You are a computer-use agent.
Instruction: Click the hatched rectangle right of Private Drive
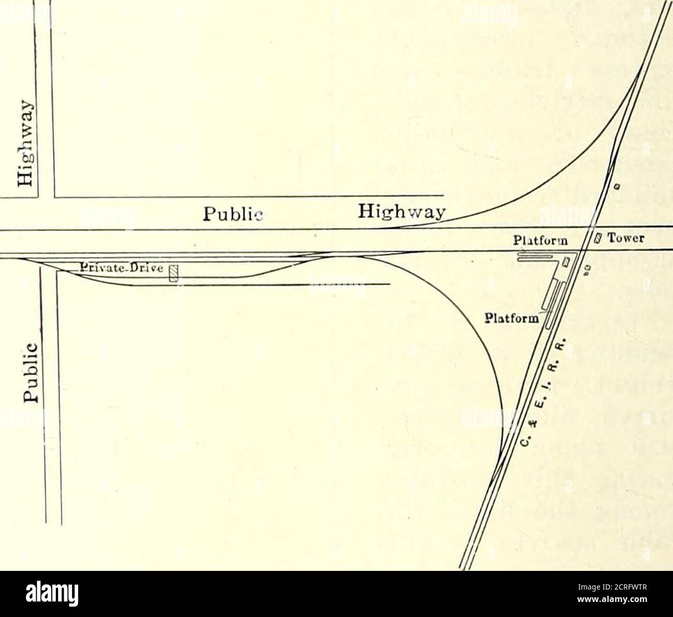[x=174, y=274]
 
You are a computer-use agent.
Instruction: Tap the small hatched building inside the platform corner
[x=566, y=262]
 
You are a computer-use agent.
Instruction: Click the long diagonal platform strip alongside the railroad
[x=551, y=306]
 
